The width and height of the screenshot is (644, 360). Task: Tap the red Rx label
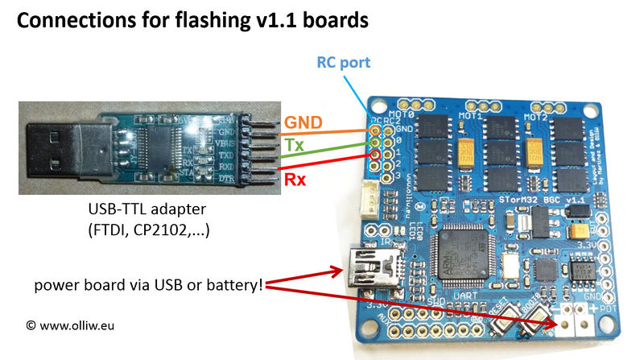[293, 180]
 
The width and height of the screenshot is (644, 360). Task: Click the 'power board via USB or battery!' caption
[150, 284]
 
